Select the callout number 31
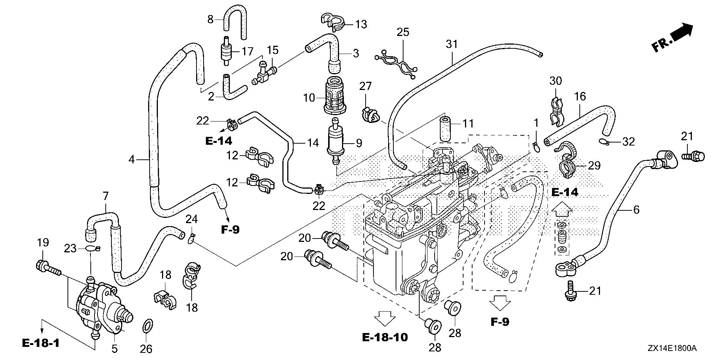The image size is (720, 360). tap(452, 44)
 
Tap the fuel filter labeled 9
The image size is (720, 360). tap(336, 142)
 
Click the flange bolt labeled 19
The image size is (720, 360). tap(48, 268)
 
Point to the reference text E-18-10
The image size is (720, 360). tap(385, 337)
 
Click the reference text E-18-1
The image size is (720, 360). tap(41, 343)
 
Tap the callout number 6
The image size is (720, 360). tap(636, 210)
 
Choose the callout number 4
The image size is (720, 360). tap(131, 160)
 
